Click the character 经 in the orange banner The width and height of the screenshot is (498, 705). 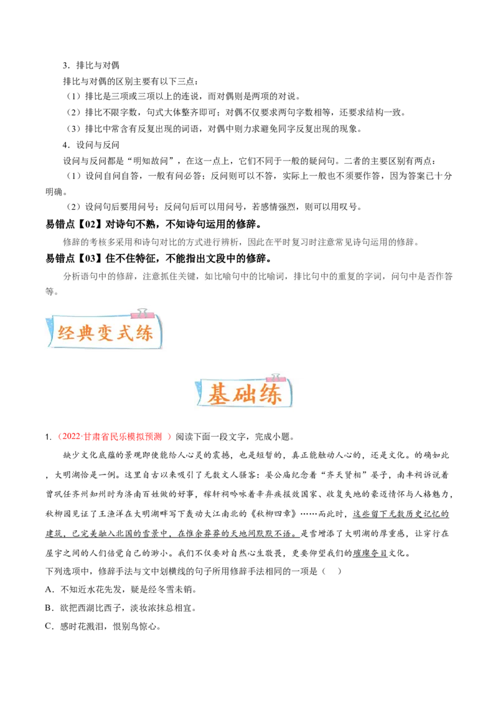pyautogui.click(x=67, y=333)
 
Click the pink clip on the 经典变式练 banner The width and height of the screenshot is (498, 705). pyautogui.click(x=143, y=311)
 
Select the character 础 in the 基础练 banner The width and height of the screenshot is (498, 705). pyautogui.click(x=245, y=394)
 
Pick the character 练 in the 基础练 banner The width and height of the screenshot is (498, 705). pyautogui.click(x=270, y=394)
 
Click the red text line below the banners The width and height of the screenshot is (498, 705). pyautogui.click(x=114, y=437)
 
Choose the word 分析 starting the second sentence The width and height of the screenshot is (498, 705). pyautogui.click(x=71, y=277)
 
